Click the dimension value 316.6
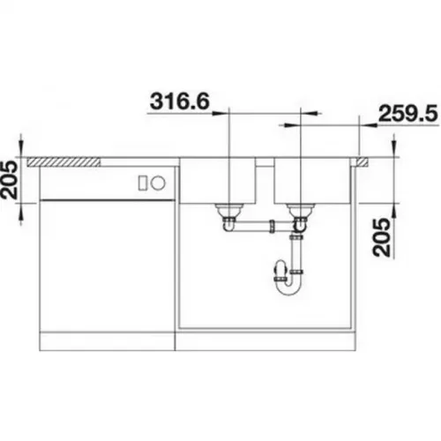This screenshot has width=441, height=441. (180, 101)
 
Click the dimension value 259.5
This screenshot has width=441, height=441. (408, 114)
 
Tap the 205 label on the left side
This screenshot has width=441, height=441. (10, 179)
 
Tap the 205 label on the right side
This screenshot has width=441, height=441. (381, 237)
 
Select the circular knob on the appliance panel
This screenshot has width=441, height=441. (158, 183)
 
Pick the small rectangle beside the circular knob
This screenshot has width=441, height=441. (143, 183)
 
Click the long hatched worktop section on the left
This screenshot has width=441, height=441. (64, 162)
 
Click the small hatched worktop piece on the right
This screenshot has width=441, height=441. (362, 162)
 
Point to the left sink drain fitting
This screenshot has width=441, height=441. (229, 211)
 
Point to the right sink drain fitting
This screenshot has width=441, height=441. (301, 211)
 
